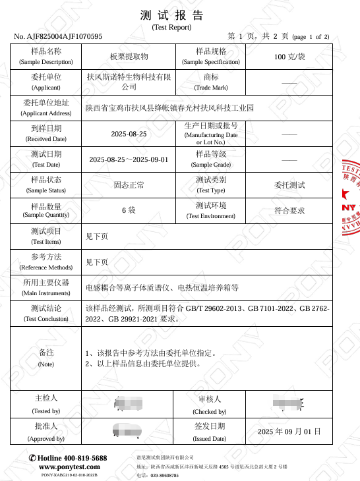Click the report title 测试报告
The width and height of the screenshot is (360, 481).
point(171,16)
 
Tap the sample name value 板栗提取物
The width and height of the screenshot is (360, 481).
point(129,57)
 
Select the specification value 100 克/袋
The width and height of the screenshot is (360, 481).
point(289,57)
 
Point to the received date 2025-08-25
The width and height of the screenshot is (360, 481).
point(129,134)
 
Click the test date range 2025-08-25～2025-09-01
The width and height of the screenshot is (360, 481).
point(129,159)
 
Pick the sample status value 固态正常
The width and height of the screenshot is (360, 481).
point(129,185)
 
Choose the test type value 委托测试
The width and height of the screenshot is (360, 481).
point(289,185)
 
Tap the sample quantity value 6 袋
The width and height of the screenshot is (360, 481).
point(129,211)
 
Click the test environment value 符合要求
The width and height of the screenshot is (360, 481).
point(289,211)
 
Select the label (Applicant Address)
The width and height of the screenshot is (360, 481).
point(46,113)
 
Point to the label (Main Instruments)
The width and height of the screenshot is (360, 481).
point(46,293)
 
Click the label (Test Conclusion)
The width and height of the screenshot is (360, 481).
point(46,319)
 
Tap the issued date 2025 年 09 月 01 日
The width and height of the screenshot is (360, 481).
point(289,432)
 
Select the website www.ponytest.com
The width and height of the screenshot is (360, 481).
point(69,467)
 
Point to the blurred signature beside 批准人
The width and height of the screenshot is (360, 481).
point(128,431)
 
